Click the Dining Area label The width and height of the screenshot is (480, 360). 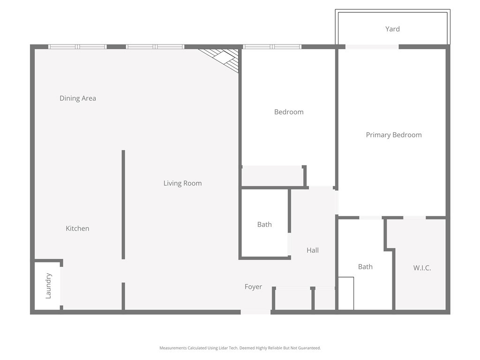(78, 98)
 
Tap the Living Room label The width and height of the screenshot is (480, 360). (182, 183)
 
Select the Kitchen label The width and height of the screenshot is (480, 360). (77, 228)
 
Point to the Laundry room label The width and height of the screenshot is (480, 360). (48, 285)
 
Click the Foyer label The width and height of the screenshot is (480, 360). (253, 287)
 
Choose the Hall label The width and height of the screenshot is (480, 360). (313, 250)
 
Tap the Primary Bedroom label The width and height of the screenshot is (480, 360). (394, 135)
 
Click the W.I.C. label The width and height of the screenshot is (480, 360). (422, 268)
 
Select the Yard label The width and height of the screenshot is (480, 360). (392, 29)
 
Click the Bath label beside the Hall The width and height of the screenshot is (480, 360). (264, 225)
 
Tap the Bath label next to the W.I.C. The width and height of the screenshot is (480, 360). (365, 267)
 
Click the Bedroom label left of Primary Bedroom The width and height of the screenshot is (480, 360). (289, 112)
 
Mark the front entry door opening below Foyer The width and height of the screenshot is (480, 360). (255, 312)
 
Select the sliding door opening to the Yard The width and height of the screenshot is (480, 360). (372, 47)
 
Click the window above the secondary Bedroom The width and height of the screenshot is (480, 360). (272, 47)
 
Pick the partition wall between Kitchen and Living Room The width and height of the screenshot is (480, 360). (123, 204)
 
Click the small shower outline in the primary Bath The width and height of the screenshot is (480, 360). (346, 293)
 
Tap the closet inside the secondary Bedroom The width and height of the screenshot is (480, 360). (272, 176)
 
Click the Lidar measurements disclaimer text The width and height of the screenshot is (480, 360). (240, 348)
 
